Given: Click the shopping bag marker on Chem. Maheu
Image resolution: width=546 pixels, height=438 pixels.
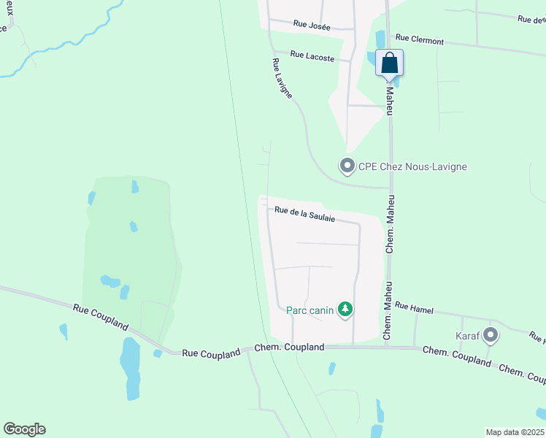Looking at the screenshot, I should tap(390, 64).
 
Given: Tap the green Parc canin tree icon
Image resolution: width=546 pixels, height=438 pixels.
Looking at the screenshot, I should tap(345, 310).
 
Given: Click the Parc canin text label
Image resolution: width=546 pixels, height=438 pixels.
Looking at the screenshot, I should tap(309, 310).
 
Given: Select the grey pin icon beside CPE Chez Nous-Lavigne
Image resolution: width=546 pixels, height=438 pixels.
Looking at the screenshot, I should tap(347, 166).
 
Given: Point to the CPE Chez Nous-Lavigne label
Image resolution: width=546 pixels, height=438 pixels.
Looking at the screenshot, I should tap(412, 166).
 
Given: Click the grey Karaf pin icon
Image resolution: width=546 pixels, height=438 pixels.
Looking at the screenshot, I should tap(491, 336).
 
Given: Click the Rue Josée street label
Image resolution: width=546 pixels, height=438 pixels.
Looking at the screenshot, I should tap(312, 26).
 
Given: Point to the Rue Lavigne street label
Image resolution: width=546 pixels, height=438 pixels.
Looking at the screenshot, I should tap(282, 79).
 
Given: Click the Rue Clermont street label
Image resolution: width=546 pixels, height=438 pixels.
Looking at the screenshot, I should tap(419, 39).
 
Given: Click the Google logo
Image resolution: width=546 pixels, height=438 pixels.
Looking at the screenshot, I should tap(24, 429).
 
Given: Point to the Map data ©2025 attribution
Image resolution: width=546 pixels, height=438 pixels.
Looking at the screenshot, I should tap(515, 432).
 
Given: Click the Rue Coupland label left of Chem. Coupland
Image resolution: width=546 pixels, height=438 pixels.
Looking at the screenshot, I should tap(211, 353).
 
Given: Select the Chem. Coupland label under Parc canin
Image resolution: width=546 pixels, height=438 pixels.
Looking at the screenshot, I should tap(289, 348).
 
